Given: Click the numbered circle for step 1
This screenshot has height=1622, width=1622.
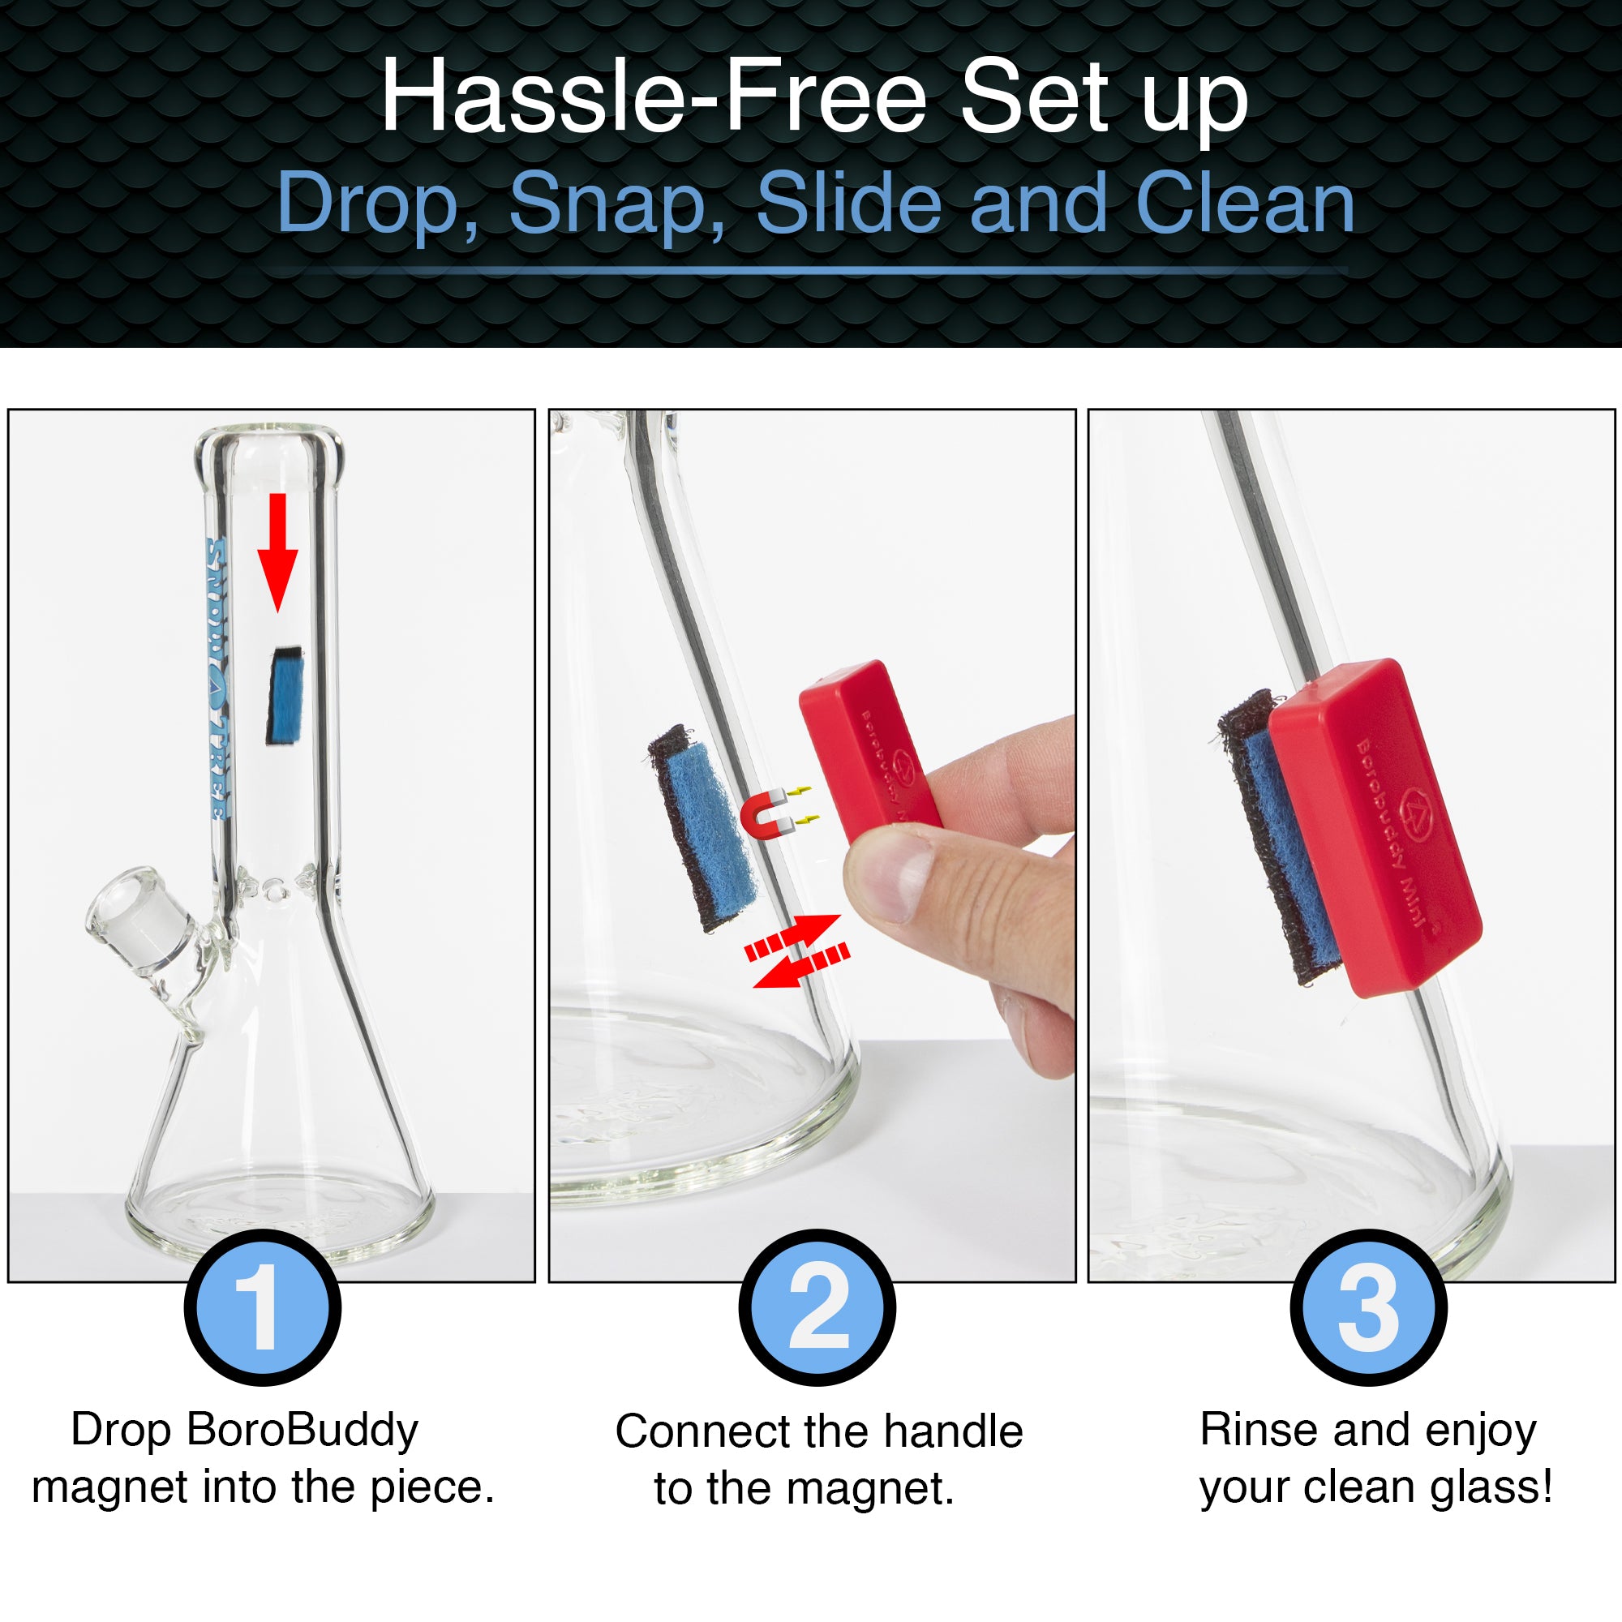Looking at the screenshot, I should [x=263, y=1307].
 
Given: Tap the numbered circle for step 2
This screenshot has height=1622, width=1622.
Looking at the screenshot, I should [x=817, y=1307].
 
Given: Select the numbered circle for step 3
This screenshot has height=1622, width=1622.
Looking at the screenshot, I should [x=1368, y=1307].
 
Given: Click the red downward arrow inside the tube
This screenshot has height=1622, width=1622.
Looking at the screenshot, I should [x=278, y=551].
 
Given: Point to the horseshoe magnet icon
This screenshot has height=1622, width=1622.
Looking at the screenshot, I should [x=766, y=813].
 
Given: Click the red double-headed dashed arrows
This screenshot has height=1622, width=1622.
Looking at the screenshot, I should [x=797, y=951].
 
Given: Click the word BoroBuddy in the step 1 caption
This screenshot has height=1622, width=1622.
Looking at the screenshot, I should [x=303, y=1431].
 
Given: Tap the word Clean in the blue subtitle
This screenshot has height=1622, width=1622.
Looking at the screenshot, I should [x=1245, y=204].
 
